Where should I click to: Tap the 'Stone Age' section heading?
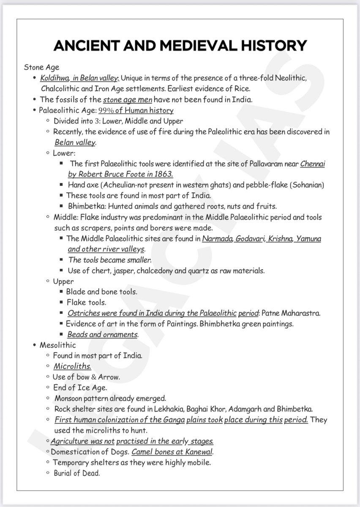coord(41,67)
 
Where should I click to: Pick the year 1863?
coord(164,174)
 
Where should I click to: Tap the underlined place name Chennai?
coord(313,164)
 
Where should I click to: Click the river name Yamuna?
coord(308,239)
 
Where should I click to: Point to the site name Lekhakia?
coord(171,409)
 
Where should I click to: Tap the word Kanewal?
coord(198,452)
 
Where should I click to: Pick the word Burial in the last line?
coord(63,473)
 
